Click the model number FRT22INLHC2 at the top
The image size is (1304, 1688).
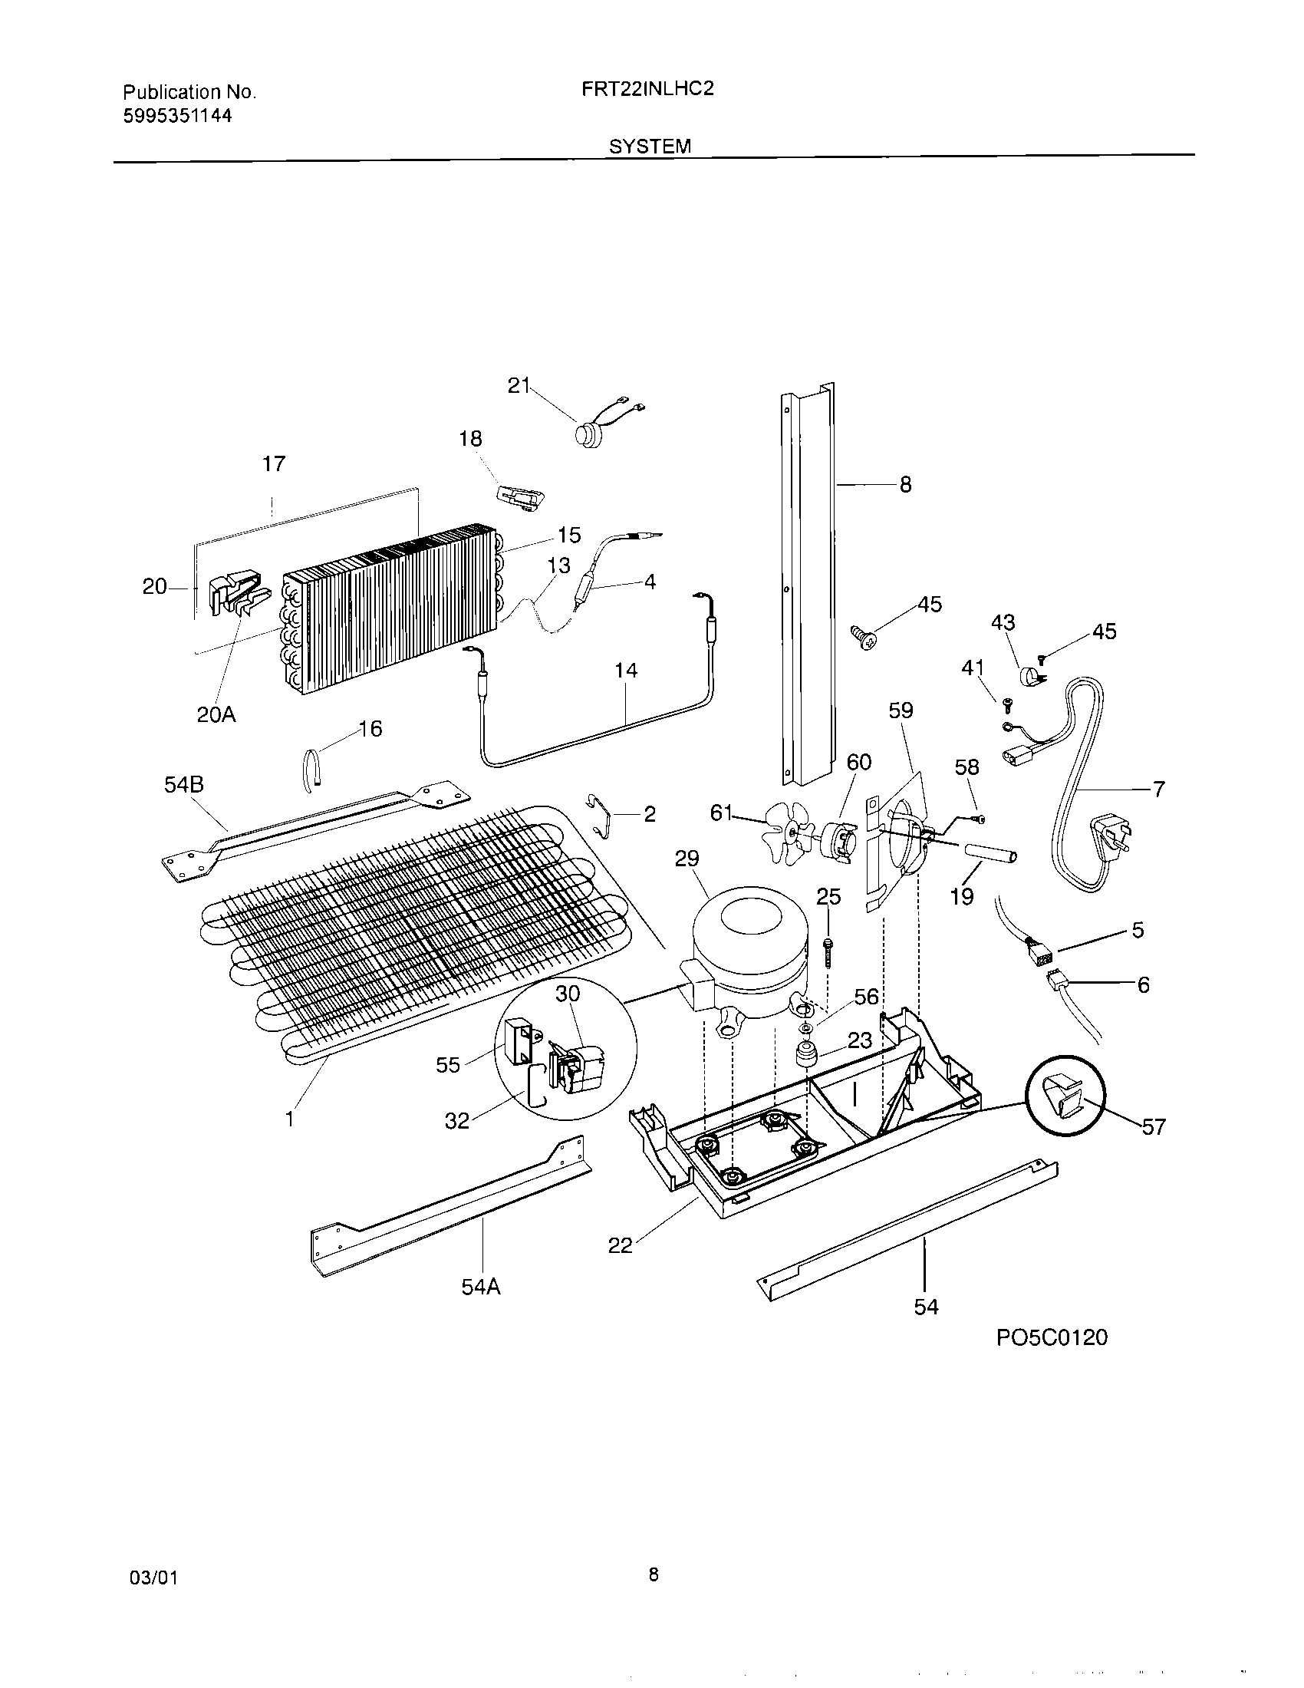coord(647,89)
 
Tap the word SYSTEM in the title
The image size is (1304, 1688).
coord(650,146)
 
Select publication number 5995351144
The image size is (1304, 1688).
coord(178,116)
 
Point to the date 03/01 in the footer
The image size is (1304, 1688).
coord(154,1578)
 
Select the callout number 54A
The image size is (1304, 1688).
coord(481,1287)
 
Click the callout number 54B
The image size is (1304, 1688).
coord(184,785)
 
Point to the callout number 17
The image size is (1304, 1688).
coord(274,463)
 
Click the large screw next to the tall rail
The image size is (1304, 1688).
coord(865,638)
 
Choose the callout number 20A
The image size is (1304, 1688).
coord(216,715)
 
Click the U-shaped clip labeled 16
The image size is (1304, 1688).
coord(311,770)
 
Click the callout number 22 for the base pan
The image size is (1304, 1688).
coord(621,1245)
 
